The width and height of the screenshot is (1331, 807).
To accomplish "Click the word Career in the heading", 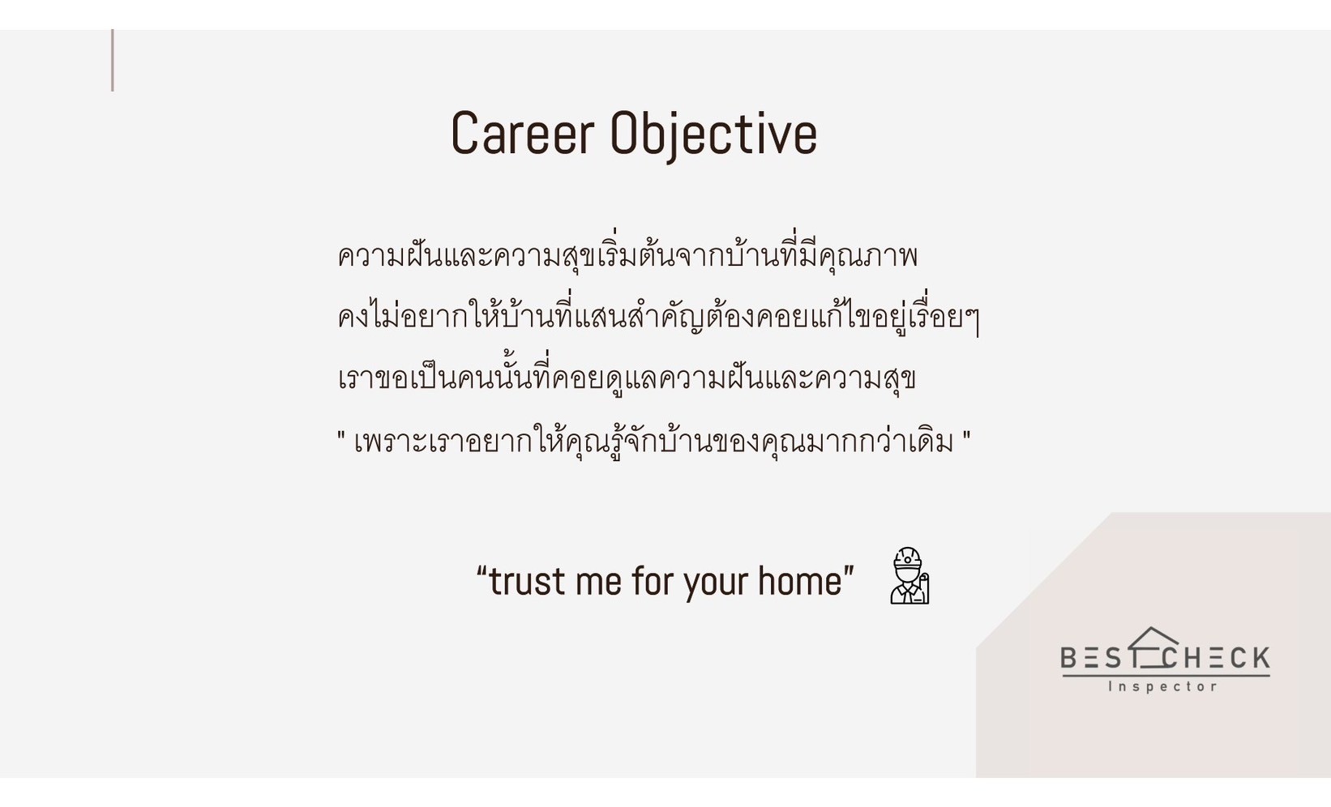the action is coord(523,133).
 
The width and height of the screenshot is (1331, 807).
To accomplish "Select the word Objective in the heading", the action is coord(713,135).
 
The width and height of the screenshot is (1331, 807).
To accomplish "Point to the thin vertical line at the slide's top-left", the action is coord(113,60).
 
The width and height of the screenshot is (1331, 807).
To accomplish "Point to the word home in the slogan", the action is coord(800,580).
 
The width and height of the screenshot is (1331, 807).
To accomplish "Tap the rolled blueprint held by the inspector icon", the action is coord(923,588).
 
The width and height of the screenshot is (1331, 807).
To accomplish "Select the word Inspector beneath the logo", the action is coord(1163,686).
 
